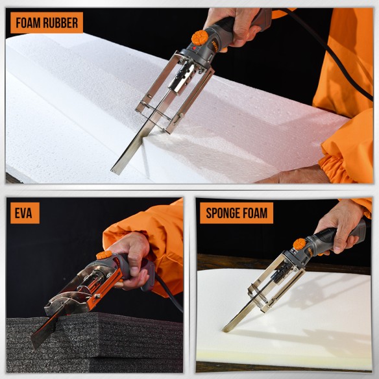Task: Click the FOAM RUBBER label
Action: (47, 23)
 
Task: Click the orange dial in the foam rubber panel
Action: (200, 38)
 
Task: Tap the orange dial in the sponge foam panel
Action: (299, 244)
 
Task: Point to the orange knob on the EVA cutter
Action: (104, 254)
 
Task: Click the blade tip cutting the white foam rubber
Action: (117, 170)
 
